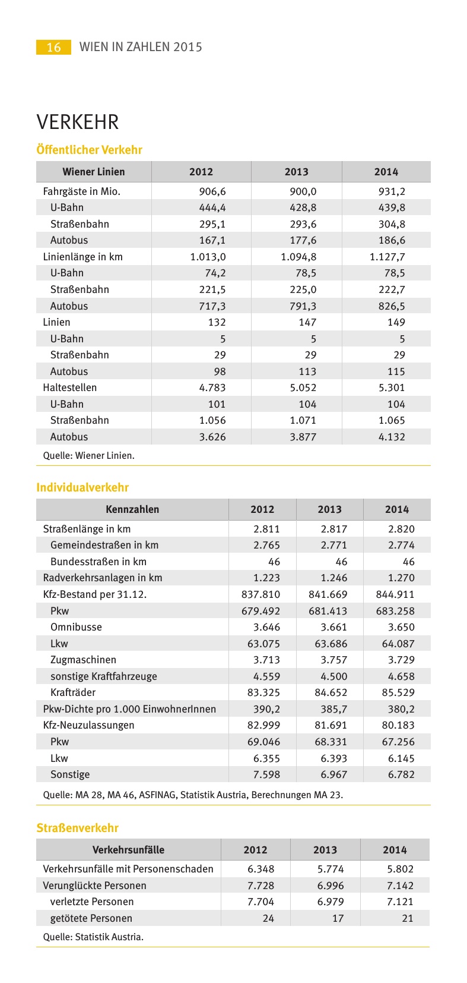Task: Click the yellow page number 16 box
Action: [53, 47]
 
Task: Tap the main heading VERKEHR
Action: [78, 122]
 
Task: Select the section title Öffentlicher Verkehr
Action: [90, 150]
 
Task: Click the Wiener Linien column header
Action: [94, 172]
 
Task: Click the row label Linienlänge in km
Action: [82, 257]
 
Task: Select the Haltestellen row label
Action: [69, 387]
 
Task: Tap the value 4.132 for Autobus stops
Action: [390, 437]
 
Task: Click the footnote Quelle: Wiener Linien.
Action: [89, 456]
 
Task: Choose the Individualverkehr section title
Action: [82, 487]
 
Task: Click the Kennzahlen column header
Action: [132, 509]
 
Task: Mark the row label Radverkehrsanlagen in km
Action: [103, 578]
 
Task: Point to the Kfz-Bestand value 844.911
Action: [395, 594]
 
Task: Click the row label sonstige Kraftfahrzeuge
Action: [104, 676]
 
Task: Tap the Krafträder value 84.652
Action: [328, 692]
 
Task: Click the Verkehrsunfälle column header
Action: [128, 850]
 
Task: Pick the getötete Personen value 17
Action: [338, 918]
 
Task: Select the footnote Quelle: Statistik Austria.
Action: [93, 937]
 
